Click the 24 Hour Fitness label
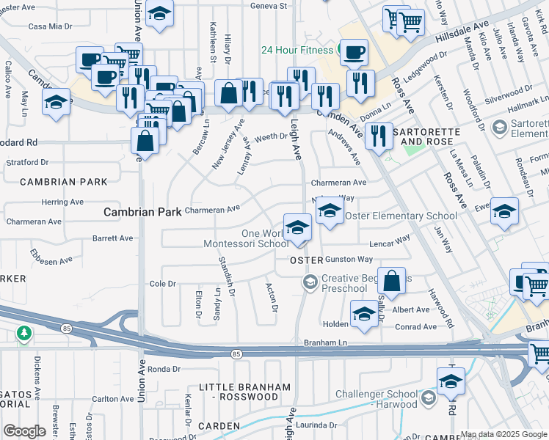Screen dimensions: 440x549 click(x=298, y=51)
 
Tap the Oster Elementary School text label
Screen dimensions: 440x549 click(x=401, y=216)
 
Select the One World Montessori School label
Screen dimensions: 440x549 click(x=245, y=238)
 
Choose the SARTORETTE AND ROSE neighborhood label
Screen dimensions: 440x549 click(x=426, y=136)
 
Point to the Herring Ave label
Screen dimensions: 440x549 click(x=62, y=202)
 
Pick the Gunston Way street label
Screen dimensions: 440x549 click(x=349, y=260)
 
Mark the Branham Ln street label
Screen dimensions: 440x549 click(x=324, y=342)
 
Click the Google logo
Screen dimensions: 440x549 click(x=24, y=431)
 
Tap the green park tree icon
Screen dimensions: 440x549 click(x=24, y=334)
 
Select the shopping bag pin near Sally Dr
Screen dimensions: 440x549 click(x=393, y=281)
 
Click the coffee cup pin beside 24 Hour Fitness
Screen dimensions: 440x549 click(x=354, y=51)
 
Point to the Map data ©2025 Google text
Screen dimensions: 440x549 click(x=503, y=434)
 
